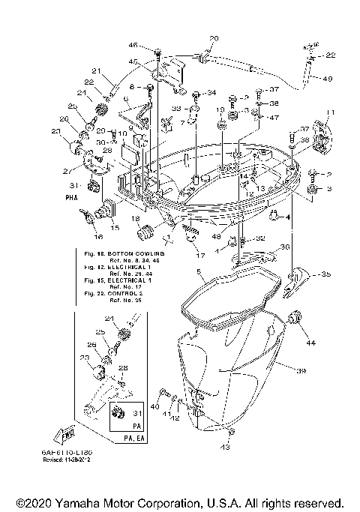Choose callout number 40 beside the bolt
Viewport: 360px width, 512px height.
click(156, 406)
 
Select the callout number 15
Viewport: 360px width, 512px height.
click(115, 226)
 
